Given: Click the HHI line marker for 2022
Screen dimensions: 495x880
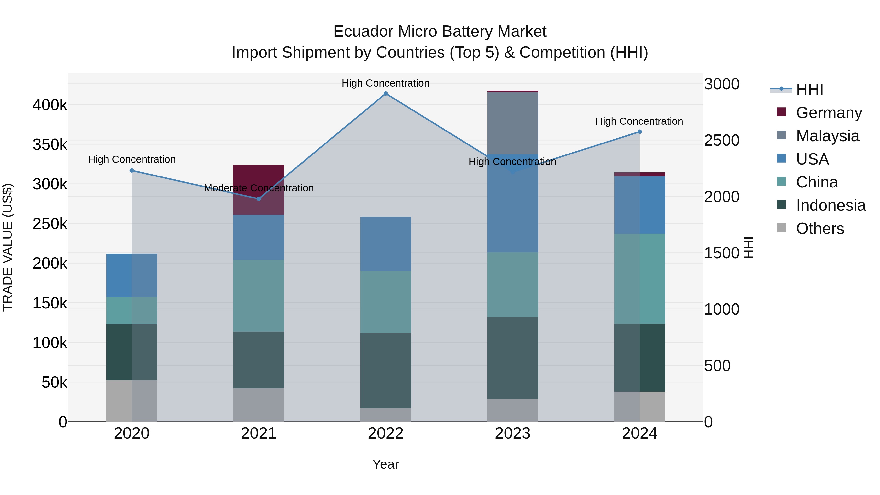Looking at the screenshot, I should (x=386, y=94).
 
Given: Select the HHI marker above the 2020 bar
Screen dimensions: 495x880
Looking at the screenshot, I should (x=132, y=170).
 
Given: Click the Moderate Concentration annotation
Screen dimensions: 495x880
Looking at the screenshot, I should (x=259, y=188).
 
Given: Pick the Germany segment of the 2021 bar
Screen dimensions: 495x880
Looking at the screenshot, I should (x=259, y=190).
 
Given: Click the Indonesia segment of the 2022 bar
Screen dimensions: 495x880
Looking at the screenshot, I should (x=386, y=370).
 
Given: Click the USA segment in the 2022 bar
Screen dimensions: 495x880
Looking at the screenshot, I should (x=386, y=244).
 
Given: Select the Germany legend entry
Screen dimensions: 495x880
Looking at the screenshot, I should (x=829, y=113).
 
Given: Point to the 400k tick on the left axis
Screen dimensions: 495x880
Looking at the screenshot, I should (x=50, y=105).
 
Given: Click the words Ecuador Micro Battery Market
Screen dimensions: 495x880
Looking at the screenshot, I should (x=440, y=32).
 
